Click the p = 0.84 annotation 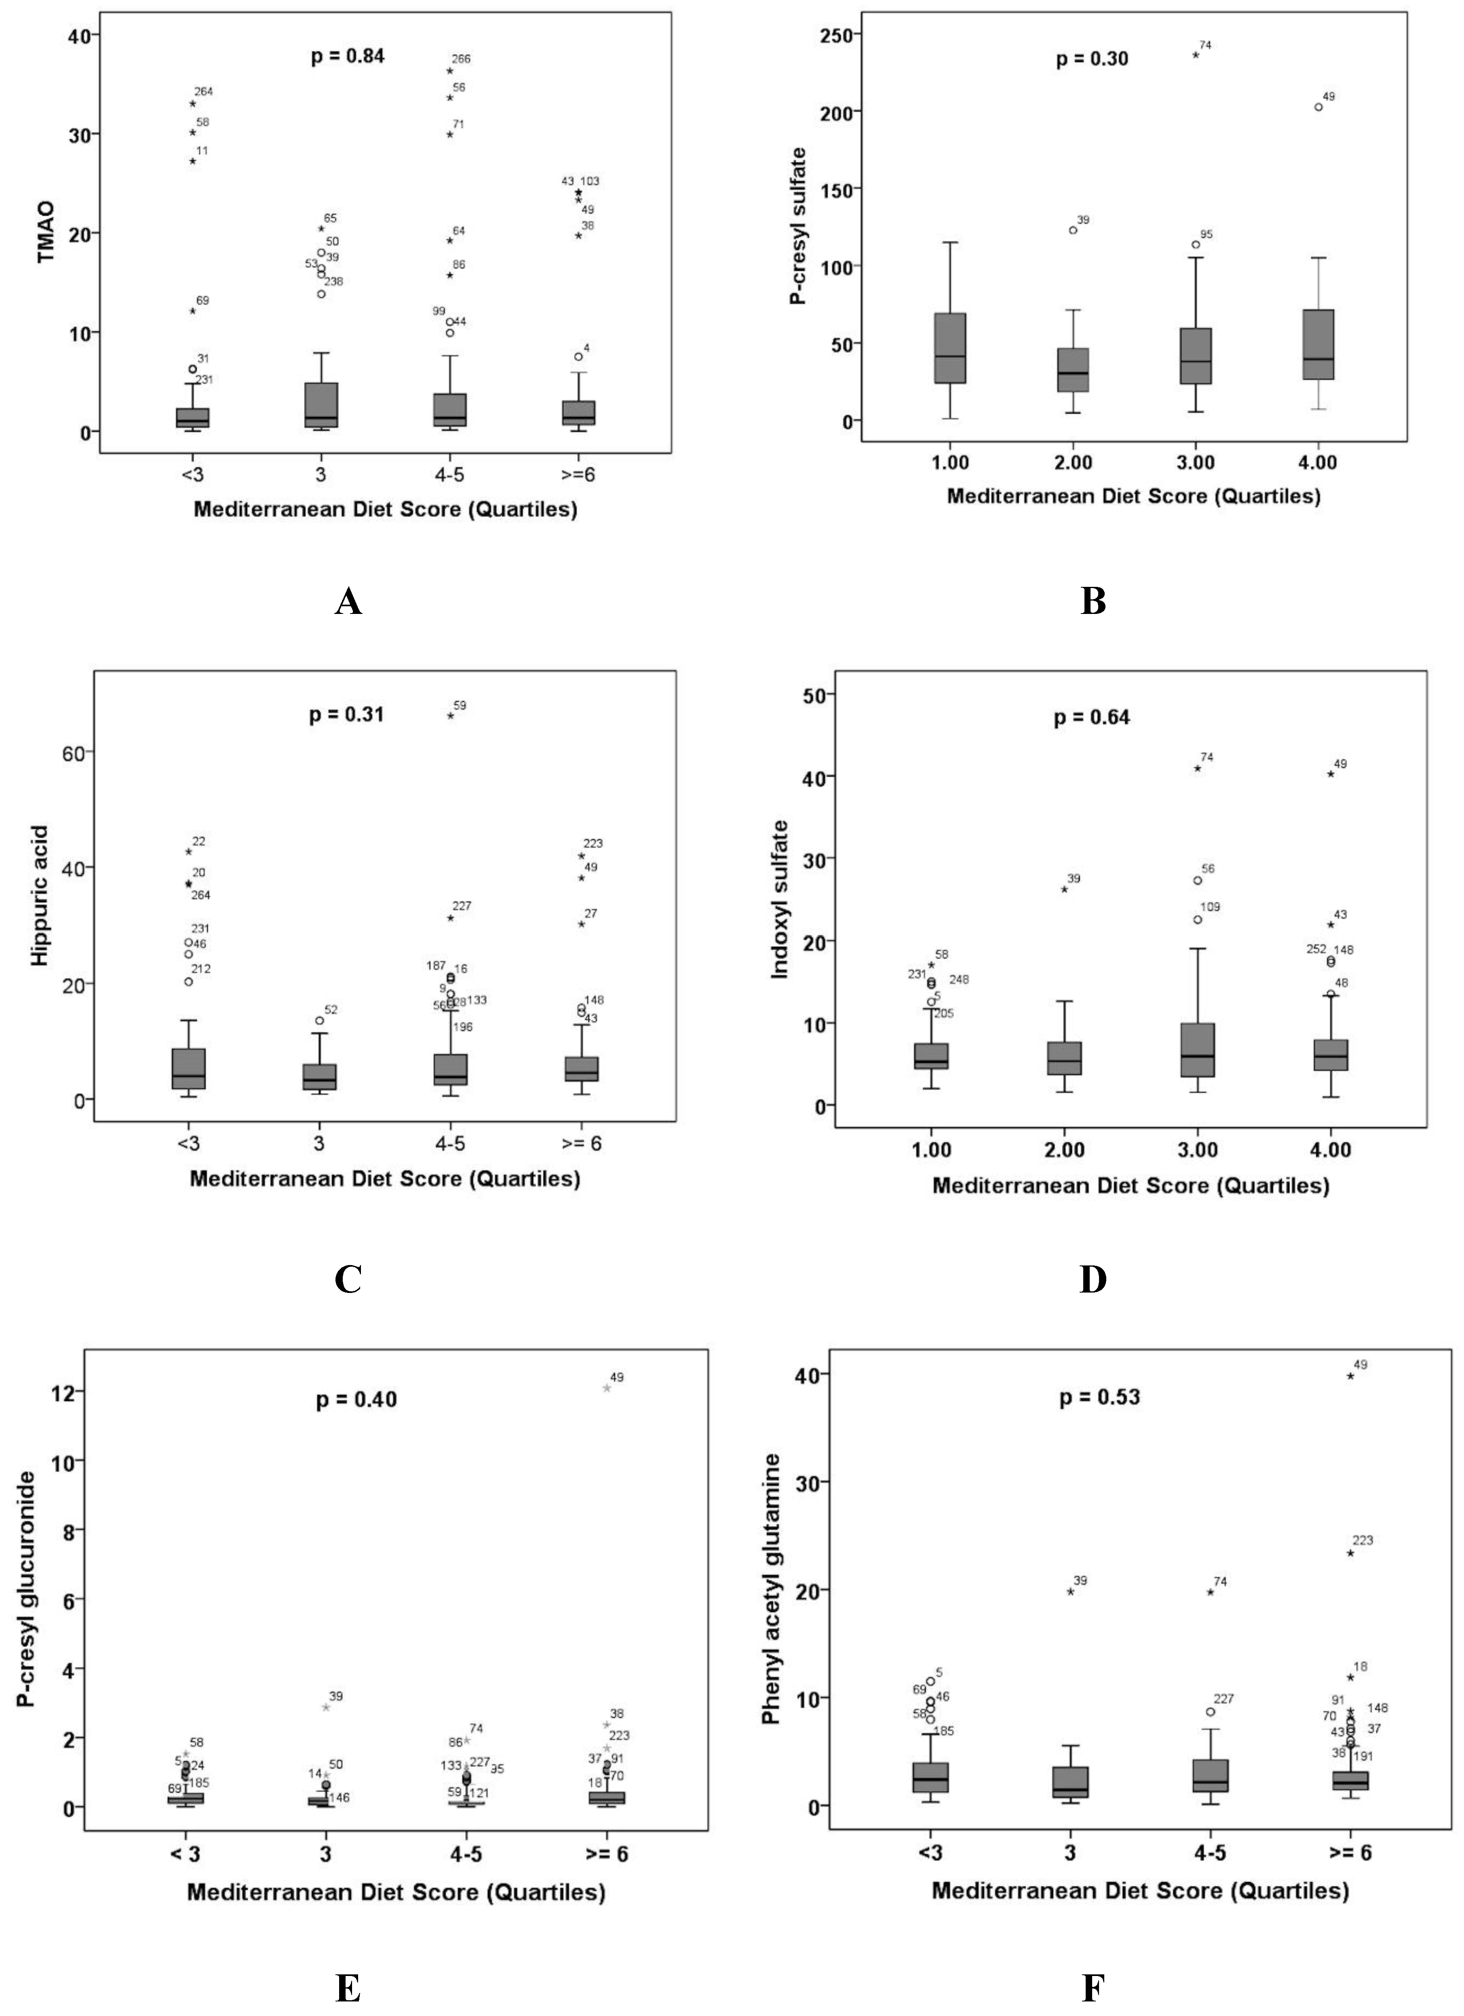[348, 57]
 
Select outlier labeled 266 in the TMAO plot [450, 71]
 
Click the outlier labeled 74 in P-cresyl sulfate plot [1196, 55]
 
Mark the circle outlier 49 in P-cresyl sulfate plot [1318, 107]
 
